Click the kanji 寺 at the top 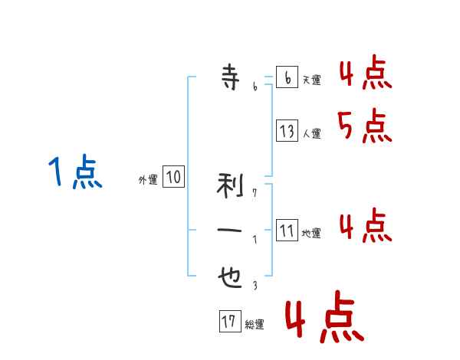coord(231,77)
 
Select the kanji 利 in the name coord(230,185)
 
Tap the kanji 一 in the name coord(229,230)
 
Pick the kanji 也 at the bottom coord(230,277)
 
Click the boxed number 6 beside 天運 coord(287,77)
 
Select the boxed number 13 coord(287,130)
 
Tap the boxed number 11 coord(287,230)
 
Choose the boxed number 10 coord(174,176)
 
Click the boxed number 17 coord(230,321)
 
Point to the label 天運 coord(312,80)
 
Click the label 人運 coord(312,134)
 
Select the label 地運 coord(311,234)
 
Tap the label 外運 coord(148,180)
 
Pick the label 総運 coord(255,325)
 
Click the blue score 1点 coord(75,172)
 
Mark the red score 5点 coord(365,126)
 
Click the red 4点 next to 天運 coord(366,72)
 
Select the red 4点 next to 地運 coord(366,225)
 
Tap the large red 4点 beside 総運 coord(324,316)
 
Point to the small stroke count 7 coord(255,192)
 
